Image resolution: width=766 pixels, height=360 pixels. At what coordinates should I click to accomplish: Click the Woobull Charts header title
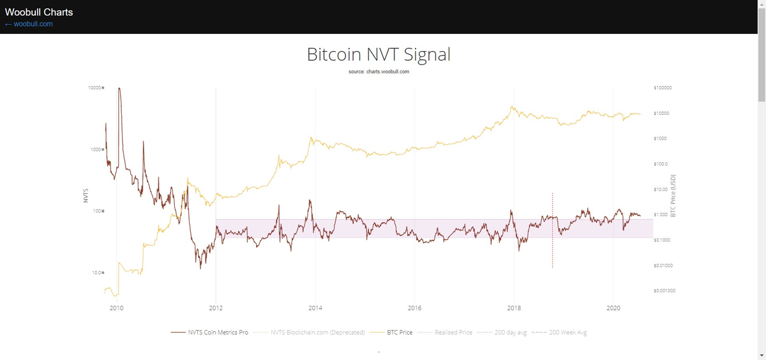(39, 12)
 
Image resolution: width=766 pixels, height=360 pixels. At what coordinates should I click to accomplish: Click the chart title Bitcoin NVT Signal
(379, 54)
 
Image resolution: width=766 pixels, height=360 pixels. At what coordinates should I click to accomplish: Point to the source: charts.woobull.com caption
(379, 71)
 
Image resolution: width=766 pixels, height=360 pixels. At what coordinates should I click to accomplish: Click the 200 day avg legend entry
(510, 333)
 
